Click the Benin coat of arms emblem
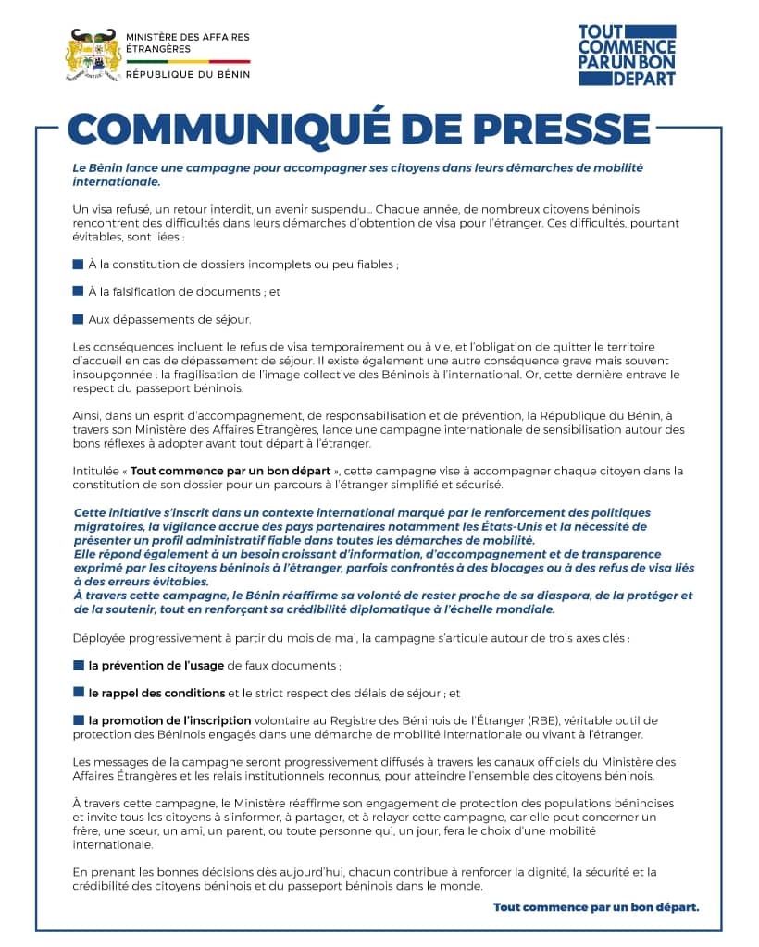(x=93, y=56)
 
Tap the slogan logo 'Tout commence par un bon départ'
(x=627, y=55)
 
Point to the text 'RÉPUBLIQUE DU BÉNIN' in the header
(x=187, y=74)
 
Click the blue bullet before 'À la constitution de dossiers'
(x=79, y=264)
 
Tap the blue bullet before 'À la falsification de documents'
(x=79, y=291)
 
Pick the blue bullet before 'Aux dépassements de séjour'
(x=79, y=319)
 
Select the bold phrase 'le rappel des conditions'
(x=156, y=693)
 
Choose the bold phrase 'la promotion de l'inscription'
(x=169, y=720)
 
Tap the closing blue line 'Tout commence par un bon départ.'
(x=596, y=907)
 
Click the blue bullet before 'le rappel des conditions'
(x=79, y=693)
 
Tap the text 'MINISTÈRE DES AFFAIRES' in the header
(x=187, y=37)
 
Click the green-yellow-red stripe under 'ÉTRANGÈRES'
(x=187, y=61)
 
